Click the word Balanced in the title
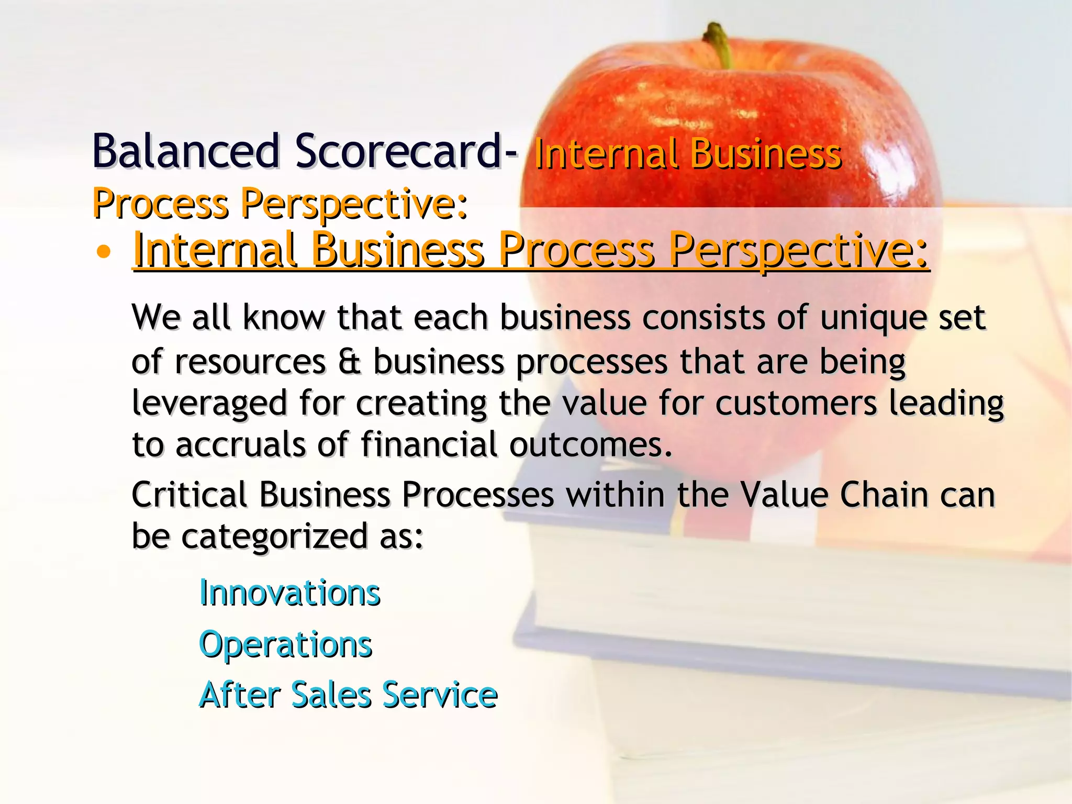pyautogui.click(x=186, y=151)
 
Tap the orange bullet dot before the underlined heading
pyautogui.click(x=104, y=252)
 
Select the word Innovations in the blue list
pyautogui.click(x=289, y=594)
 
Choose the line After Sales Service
pyautogui.click(x=348, y=695)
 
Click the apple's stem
pyautogui.click(x=719, y=44)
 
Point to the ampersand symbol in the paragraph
pyautogui.click(x=349, y=362)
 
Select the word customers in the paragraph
pyautogui.click(x=796, y=403)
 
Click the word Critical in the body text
pyautogui.click(x=189, y=495)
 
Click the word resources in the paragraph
pyautogui.click(x=250, y=362)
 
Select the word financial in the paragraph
pyautogui.click(x=429, y=444)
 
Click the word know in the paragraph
pyautogui.click(x=283, y=317)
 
